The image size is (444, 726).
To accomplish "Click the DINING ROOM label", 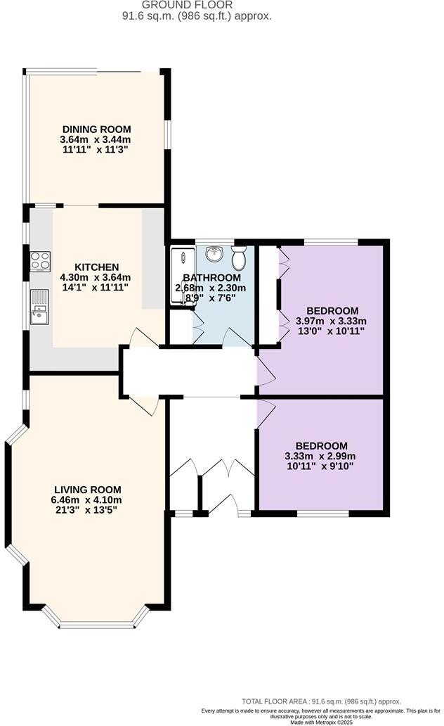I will pyautogui.click(x=96, y=129).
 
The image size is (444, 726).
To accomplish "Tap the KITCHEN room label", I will pyautogui.click(x=96, y=267).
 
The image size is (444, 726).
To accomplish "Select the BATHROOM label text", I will pyautogui.click(x=211, y=278).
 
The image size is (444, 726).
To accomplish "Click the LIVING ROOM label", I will pyautogui.click(x=88, y=490).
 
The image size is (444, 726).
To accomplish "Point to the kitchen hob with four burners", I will pyautogui.click(x=40, y=261).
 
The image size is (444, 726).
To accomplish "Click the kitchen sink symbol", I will pyautogui.click(x=39, y=307).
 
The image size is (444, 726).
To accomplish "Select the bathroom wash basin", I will pyautogui.click(x=214, y=254).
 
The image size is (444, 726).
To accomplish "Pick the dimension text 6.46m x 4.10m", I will pyautogui.click(x=88, y=500).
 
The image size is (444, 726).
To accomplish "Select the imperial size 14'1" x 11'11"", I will pyautogui.click(x=96, y=287).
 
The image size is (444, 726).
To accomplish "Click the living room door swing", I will pyautogui.click(x=147, y=405).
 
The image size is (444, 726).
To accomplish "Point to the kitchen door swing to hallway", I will pyautogui.click(x=138, y=337).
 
